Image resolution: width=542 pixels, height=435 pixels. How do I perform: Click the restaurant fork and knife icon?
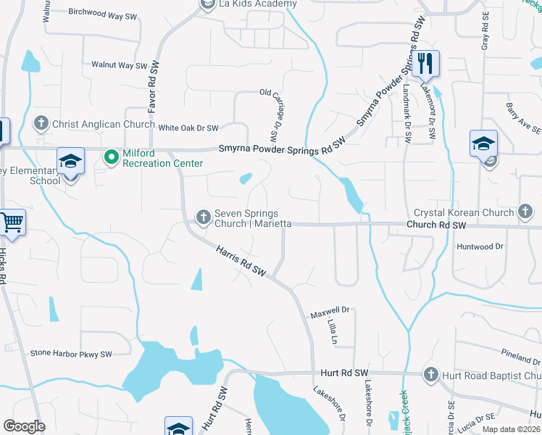coord(425,64)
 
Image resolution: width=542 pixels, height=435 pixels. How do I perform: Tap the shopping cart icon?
coord(11,223)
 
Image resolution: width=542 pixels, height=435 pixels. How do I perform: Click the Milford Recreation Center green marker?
coord(112,156)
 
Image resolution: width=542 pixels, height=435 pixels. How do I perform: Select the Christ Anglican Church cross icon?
coord(41,124)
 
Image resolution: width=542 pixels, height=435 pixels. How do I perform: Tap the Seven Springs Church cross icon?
coord(204,215)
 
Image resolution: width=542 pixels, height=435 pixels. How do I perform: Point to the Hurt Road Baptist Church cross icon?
coord(430,374)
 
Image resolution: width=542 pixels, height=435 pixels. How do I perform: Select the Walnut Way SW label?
coord(119,65)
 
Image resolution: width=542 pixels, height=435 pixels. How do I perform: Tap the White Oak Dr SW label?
coord(188,128)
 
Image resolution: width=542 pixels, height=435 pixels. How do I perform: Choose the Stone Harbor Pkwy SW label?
coord(71,354)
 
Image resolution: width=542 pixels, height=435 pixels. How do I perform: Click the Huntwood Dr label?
coord(480,246)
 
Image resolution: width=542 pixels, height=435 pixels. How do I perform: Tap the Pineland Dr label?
coord(521,355)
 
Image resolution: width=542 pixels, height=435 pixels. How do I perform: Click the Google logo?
coord(24,426)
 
